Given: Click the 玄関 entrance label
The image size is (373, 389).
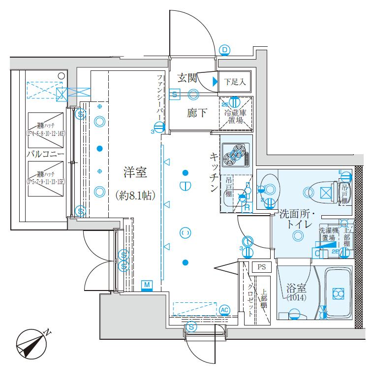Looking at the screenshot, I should pyautogui.click(x=187, y=77).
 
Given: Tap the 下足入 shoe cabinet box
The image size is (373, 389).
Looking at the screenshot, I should pyautogui.click(x=235, y=82).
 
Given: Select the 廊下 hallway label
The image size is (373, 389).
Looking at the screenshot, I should pyautogui.click(x=196, y=113).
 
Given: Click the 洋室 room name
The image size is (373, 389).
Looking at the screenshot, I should pyautogui.click(x=135, y=173).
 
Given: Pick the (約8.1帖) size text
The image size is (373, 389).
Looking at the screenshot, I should pyautogui.click(x=136, y=195).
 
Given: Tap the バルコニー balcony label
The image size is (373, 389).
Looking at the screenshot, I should pyautogui.click(x=45, y=155).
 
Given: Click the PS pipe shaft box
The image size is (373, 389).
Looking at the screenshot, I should pyautogui.click(x=261, y=267).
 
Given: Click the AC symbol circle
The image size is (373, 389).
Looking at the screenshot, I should pyautogui.click(x=224, y=309).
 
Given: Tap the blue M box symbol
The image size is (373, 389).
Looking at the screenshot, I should pyautogui.click(x=147, y=285).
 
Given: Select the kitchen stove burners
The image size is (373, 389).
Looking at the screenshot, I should pyautogui.click(x=235, y=154).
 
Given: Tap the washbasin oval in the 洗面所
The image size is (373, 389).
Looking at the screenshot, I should pyautogui.click(x=269, y=188).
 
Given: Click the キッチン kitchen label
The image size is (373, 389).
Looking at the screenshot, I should pyautogui.click(x=215, y=172).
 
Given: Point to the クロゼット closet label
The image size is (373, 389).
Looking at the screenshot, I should pyautogui.click(x=250, y=300).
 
